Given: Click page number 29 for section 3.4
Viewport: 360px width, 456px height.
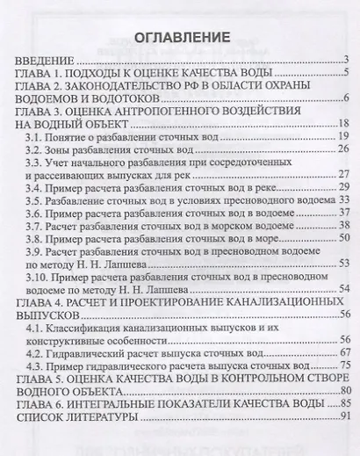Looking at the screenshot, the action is pyautogui.click(x=344, y=188).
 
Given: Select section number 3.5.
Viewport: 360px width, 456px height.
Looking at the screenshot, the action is pyautogui.click(x=33, y=201).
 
